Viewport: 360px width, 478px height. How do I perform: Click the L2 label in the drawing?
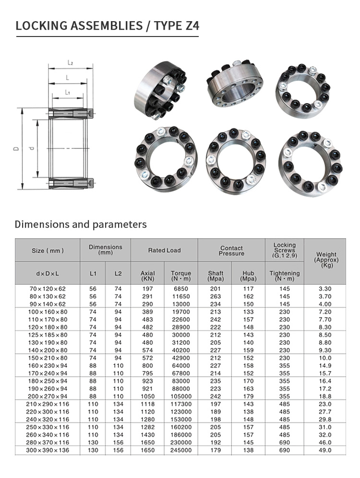click(70, 63)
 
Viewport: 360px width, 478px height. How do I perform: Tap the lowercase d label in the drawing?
click(32, 148)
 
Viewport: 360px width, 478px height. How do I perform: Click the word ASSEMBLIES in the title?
click(94, 25)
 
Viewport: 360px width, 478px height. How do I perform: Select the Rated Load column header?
click(164, 250)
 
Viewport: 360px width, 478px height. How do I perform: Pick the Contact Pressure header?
click(231, 250)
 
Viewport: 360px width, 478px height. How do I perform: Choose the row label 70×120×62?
click(48, 289)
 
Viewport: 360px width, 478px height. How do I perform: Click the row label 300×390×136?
click(48, 450)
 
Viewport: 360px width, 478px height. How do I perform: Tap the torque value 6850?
click(181, 289)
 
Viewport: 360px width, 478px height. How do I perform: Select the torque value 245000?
click(181, 450)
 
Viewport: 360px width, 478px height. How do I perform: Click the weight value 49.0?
click(326, 450)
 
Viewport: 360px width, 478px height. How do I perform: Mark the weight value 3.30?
click(326, 289)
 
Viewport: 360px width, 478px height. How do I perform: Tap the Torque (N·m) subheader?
click(181, 276)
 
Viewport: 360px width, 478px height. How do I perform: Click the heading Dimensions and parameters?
click(81, 224)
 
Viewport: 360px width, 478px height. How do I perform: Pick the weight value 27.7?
click(326, 412)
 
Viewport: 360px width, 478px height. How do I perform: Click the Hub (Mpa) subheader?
click(248, 276)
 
